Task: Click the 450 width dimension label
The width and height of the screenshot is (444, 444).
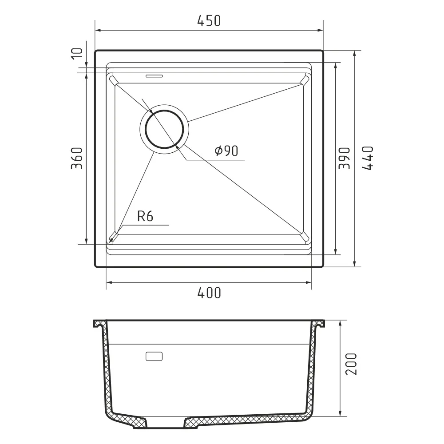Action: point(209,21)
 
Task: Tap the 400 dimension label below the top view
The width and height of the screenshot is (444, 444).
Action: point(209,293)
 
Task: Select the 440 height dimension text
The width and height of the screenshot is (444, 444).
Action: point(368,159)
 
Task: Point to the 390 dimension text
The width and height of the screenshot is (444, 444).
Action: point(345,159)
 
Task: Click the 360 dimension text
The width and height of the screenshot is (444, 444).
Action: point(76,159)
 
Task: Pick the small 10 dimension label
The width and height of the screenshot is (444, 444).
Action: point(77,54)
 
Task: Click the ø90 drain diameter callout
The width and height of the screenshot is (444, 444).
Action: point(226,151)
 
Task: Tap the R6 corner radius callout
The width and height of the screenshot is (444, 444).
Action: point(145,216)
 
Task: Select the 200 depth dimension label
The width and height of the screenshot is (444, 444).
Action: point(351,364)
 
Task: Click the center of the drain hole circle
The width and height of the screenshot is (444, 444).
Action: point(164,129)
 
